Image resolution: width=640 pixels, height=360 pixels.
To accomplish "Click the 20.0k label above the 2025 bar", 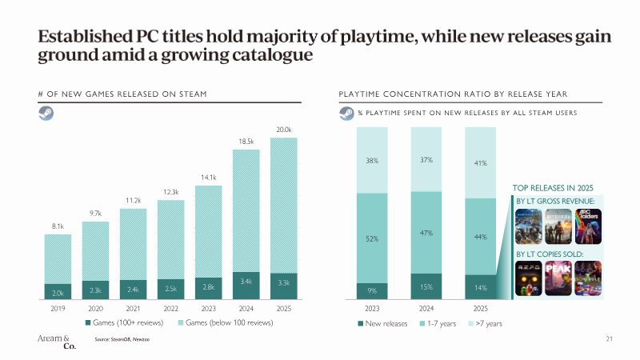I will [284, 130].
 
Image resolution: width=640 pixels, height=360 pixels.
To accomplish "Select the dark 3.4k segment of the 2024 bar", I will [246, 282].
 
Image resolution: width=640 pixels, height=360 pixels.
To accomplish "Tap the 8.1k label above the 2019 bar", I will [58, 226].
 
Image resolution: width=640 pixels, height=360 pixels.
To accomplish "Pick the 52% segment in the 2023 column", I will [372, 238].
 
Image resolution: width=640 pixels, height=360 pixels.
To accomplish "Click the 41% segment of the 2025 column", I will [481, 163].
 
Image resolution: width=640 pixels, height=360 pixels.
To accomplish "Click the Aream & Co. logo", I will [56, 342].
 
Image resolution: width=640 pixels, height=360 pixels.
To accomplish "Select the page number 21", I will [609, 339].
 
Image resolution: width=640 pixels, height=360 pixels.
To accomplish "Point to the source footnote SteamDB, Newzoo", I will [128, 340].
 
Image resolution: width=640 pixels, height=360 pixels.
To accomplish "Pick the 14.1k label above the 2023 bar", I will [208, 177].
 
